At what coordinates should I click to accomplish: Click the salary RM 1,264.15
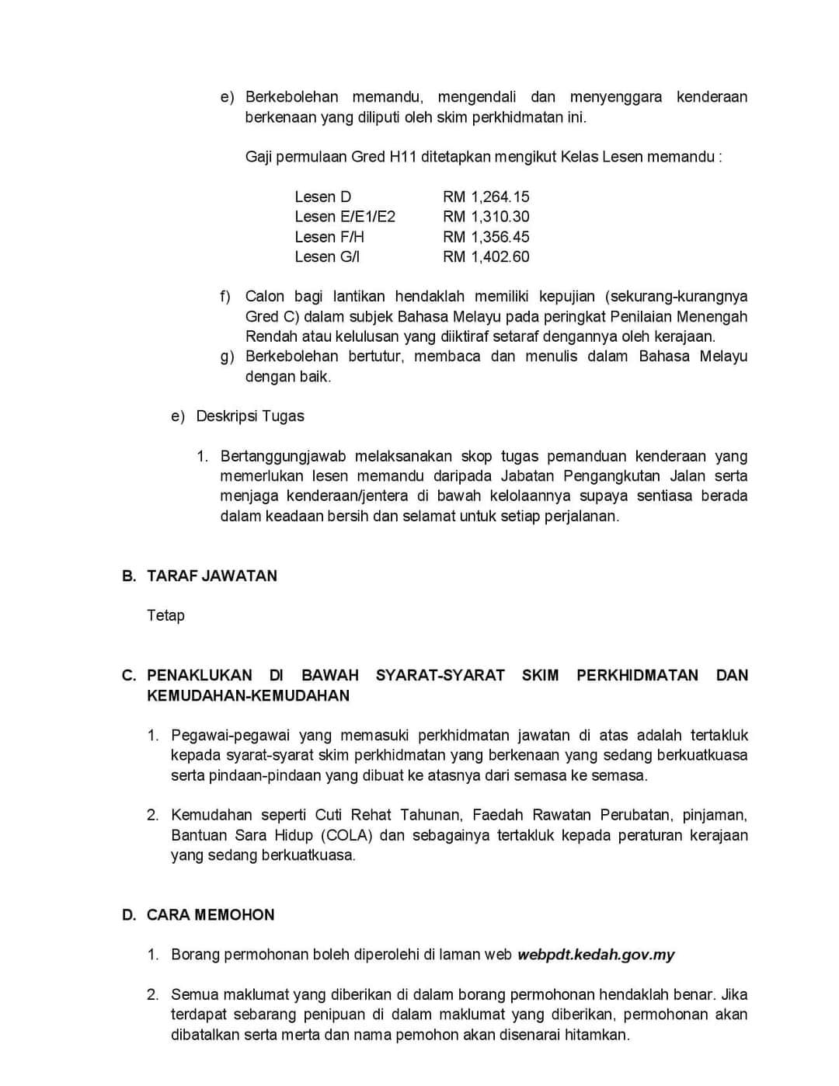tap(486, 197)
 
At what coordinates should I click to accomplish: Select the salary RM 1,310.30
tap(486, 217)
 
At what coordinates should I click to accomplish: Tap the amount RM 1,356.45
tap(486, 237)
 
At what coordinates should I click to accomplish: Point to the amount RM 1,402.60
tap(486, 257)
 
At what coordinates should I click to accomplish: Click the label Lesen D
tap(322, 197)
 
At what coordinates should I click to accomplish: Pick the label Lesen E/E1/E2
tap(345, 217)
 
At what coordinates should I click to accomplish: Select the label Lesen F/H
tap(329, 237)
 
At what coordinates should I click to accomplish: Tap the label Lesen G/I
tap(327, 257)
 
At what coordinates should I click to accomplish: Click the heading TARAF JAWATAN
tap(211, 576)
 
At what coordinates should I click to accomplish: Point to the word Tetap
tap(165, 615)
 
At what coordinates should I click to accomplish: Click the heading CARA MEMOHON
tap(211, 914)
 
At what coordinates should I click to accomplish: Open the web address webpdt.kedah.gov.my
tap(596, 954)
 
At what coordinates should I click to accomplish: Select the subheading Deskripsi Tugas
tap(250, 416)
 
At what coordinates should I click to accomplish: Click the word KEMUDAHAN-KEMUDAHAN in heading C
tap(248, 695)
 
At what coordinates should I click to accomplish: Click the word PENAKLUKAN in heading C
tap(200, 675)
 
